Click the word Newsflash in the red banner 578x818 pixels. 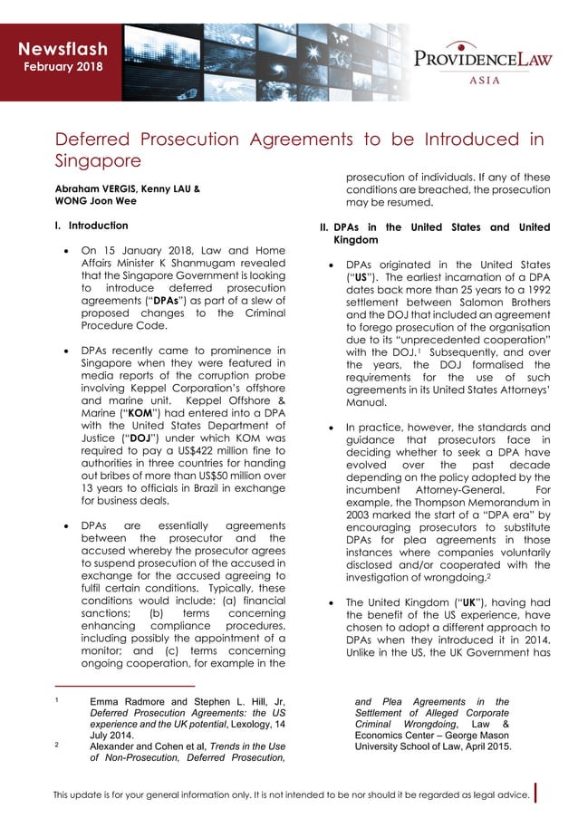[x=64, y=48]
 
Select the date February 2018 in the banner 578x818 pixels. [x=63, y=67]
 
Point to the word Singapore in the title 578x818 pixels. [x=98, y=161]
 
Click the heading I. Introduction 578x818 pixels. [x=92, y=225]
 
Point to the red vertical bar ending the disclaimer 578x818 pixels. [x=537, y=794]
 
